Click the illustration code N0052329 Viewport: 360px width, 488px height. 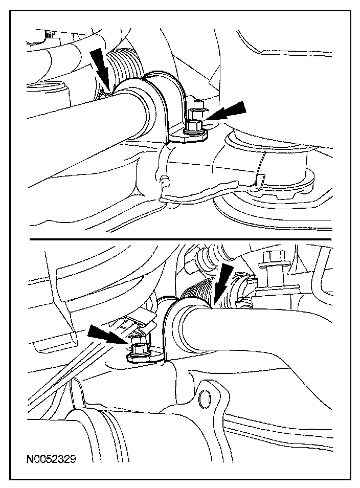tap(51, 459)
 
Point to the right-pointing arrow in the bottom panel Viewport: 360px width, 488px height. tap(108, 335)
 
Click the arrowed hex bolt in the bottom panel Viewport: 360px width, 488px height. tap(137, 349)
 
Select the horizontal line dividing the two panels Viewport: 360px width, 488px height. tap(181, 239)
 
